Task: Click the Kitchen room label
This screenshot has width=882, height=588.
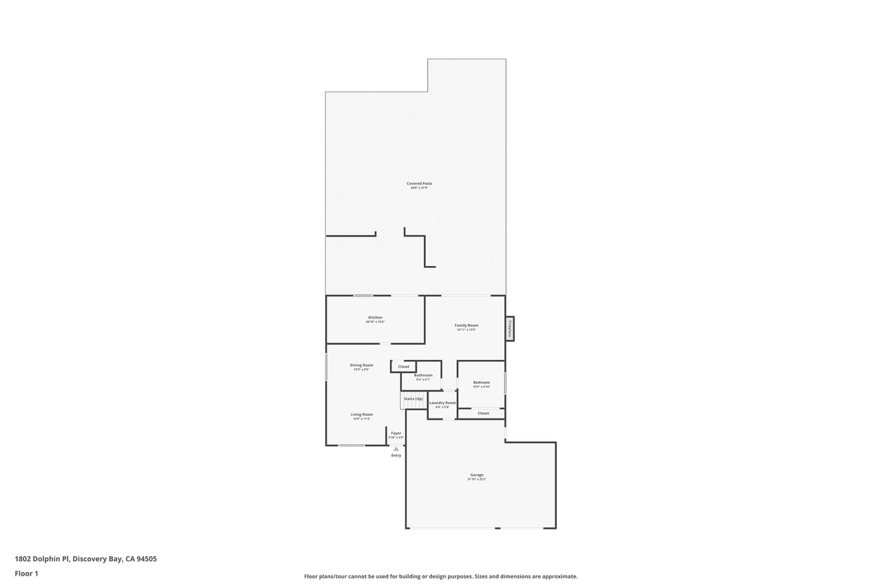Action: point(375,318)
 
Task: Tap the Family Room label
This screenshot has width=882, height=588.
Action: point(466,325)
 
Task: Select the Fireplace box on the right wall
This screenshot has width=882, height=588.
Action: point(510,328)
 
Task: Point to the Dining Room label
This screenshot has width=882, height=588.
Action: point(361,365)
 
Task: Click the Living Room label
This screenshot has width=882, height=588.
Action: point(362,414)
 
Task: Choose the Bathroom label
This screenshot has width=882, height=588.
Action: point(423,375)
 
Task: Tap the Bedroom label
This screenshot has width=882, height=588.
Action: point(481,383)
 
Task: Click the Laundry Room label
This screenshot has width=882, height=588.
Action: point(442,403)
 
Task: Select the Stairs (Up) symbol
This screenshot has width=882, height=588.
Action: point(413,399)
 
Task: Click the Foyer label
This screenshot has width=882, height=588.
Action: point(396,433)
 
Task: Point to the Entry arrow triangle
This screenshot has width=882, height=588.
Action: point(396,449)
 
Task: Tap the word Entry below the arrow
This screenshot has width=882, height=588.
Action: point(396,456)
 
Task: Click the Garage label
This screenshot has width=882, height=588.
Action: point(477,474)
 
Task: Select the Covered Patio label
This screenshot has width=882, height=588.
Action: point(419,183)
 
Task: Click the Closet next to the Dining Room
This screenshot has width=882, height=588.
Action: point(404,367)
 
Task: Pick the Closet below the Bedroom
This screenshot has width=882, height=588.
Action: point(483,414)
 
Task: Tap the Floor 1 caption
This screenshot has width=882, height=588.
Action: point(27,574)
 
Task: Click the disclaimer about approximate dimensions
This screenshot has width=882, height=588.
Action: point(441,576)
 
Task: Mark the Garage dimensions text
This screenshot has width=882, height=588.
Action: point(477,479)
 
